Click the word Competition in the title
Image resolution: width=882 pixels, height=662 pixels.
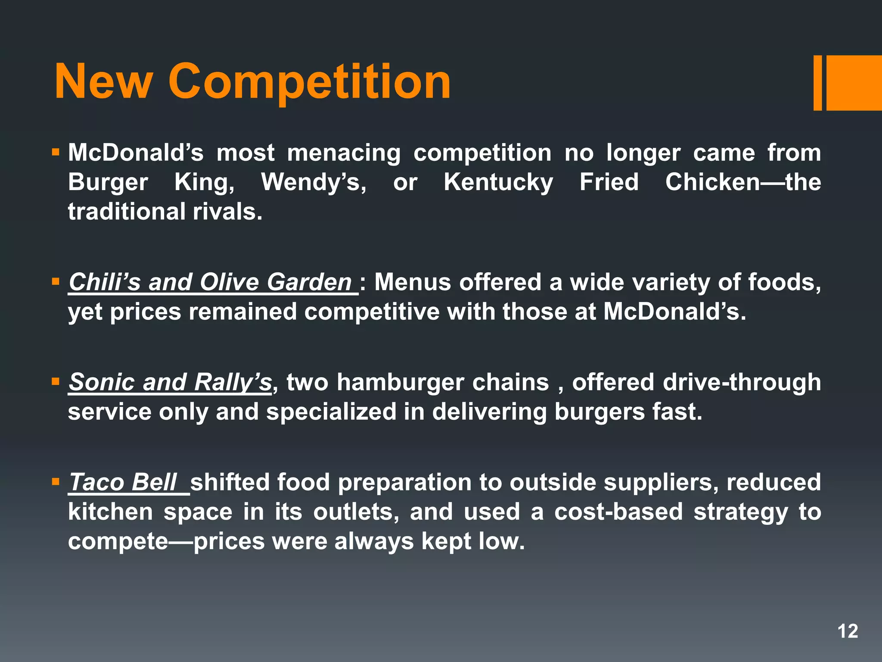pos(309,82)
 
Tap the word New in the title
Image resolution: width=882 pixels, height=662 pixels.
pos(103,82)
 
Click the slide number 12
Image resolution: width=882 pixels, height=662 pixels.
pos(848,631)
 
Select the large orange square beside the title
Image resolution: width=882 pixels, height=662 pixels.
pos(854,83)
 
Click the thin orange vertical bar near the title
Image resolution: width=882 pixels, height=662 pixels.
pos(817,83)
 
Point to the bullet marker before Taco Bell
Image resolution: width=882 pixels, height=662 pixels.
pos(55,481)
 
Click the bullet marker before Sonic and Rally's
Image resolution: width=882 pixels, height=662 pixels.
pos(55,381)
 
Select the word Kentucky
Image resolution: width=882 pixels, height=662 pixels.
pos(498,182)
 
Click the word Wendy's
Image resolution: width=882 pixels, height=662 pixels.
pos(314,182)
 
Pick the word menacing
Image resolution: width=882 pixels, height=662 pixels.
pos(344,153)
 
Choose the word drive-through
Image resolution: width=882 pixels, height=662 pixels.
pos(742,382)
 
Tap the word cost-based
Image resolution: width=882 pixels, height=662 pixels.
pos(618,512)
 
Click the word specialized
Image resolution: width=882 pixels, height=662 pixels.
pos(331,412)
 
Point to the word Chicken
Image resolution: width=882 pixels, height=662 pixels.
pos(712,182)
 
